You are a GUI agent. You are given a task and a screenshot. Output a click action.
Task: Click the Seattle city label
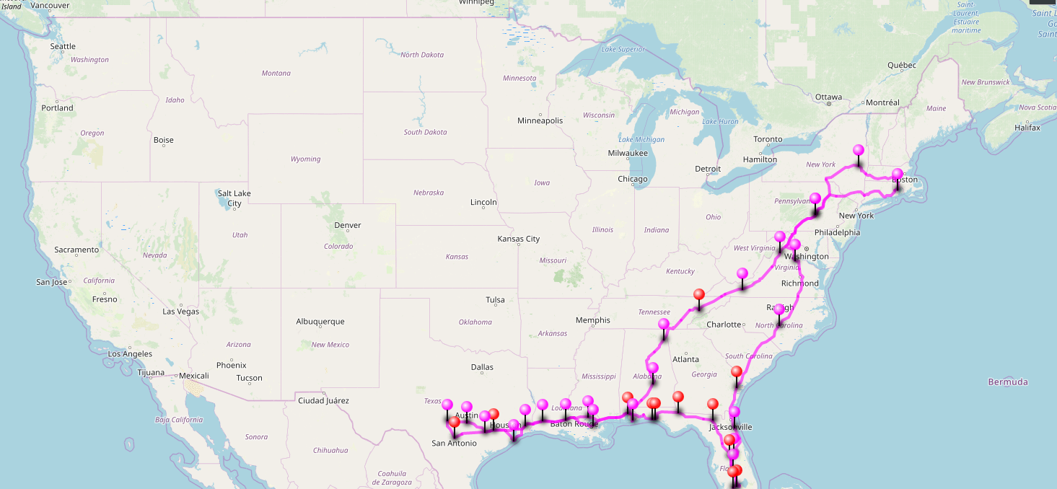(63, 46)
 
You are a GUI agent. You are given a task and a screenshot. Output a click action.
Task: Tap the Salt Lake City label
(234, 198)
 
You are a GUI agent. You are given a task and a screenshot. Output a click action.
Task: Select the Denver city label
(347, 225)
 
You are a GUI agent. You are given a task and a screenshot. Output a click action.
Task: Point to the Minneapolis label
(540, 120)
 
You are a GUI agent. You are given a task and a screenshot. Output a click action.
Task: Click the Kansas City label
(518, 239)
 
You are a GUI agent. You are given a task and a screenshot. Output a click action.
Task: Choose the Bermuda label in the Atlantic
(1008, 382)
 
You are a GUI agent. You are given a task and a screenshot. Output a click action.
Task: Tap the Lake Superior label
(623, 49)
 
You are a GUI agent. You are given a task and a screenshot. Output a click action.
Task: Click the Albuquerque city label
(320, 322)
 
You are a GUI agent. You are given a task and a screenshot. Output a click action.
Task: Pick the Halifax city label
(1027, 128)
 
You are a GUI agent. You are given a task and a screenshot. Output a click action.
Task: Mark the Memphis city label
(592, 320)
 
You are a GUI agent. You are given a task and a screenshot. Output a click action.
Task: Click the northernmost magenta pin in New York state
(858, 150)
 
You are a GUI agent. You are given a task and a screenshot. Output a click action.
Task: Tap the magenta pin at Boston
(897, 174)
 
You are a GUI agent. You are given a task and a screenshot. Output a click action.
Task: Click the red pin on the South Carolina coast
(736, 371)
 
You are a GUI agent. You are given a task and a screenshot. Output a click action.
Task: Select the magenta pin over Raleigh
(779, 309)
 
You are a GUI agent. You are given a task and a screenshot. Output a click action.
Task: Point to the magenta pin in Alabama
(652, 368)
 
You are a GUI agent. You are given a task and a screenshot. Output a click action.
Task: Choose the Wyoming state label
(305, 159)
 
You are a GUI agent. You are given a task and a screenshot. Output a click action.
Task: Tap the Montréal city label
(882, 102)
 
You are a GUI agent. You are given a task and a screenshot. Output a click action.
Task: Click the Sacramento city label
(76, 250)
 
